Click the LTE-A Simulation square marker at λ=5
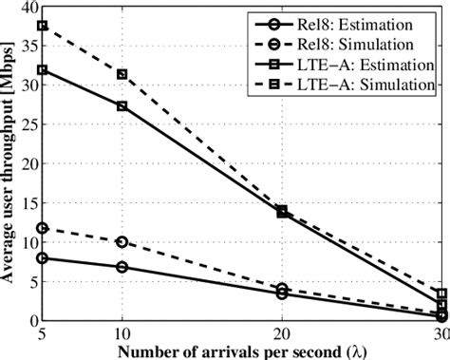pyautogui.click(x=42, y=26)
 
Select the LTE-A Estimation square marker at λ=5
pyautogui.click(x=42, y=69)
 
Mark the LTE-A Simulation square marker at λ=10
pyautogui.click(x=122, y=74)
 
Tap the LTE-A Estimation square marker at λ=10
pyautogui.click(x=122, y=105)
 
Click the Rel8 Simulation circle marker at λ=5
pyautogui.click(x=42, y=228)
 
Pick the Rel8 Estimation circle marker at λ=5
pyautogui.click(x=42, y=257)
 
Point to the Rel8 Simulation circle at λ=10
pyautogui.click(x=122, y=242)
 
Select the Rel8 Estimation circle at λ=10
pyautogui.click(x=122, y=267)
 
